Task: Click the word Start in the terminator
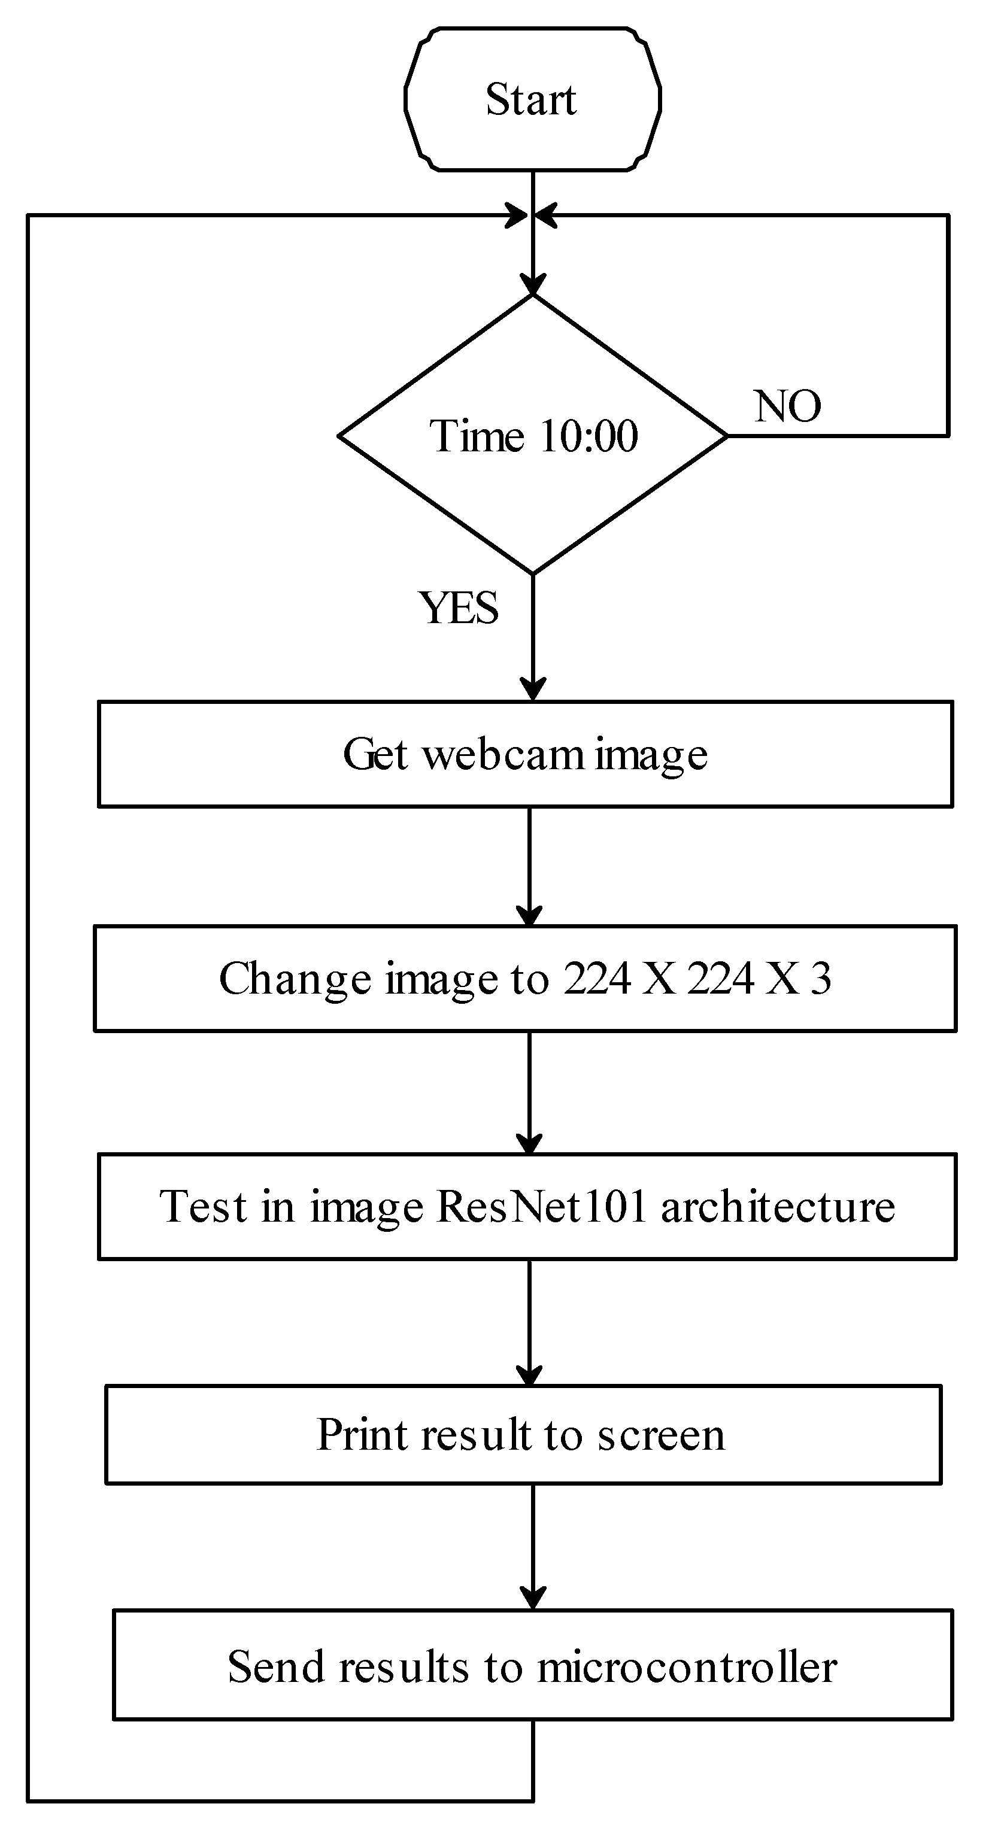tap(530, 99)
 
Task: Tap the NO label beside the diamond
tap(787, 406)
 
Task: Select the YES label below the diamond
tap(459, 608)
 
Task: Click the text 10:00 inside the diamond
tap(589, 436)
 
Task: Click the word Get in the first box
tap(375, 754)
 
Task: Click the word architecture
tap(777, 1206)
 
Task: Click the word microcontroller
tap(686, 1667)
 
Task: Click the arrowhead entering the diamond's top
tap(532, 286)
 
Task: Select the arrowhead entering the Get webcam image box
tap(532, 690)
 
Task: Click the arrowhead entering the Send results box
tap(532, 1599)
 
